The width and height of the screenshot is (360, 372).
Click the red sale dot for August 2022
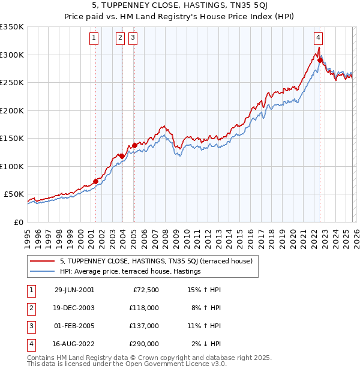pyautogui.click(x=320, y=60)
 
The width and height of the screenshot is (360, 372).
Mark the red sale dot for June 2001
pyautogui.click(x=95, y=181)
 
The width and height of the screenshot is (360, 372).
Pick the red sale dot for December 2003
pyautogui.click(x=122, y=156)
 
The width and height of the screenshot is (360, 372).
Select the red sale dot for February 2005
pyautogui.click(x=134, y=145)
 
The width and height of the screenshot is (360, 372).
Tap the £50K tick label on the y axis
pyautogui.click(x=13, y=194)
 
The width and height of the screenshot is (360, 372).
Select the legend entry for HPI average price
pyautogui.click(x=130, y=272)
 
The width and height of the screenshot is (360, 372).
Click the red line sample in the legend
pyautogui.click(x=43, y=261)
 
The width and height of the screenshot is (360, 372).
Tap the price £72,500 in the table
pyautogui.click(x=146, y=289)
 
